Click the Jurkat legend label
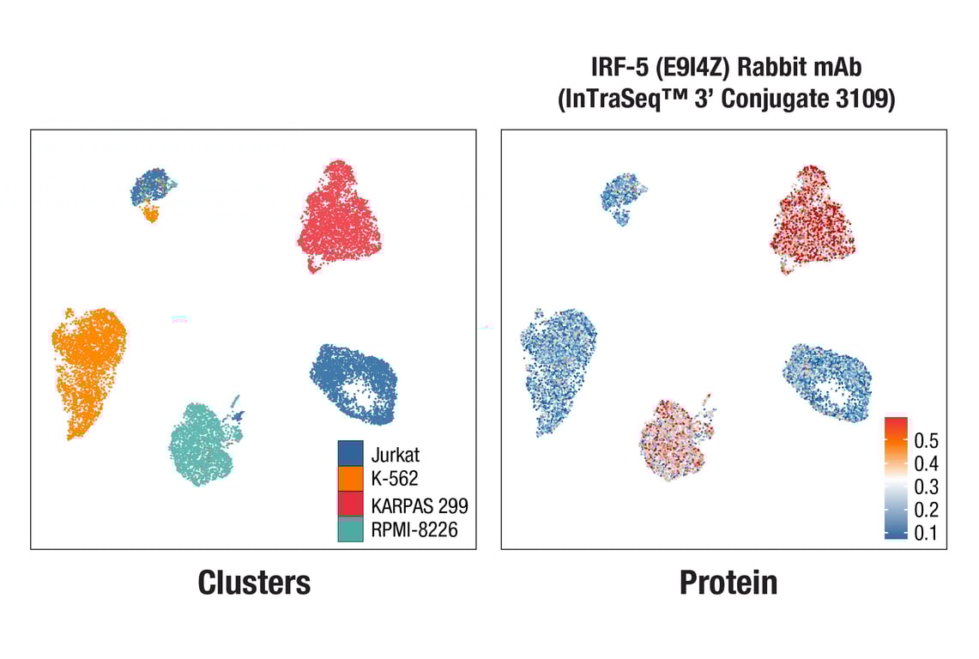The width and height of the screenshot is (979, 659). tap(396, 455)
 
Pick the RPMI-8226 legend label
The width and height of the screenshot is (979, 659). tap(414, 530)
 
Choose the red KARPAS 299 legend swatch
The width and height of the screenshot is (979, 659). tap(353, 505)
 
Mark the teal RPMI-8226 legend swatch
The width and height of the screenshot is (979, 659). tap(353, 530)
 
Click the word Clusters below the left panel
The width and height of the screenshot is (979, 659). tap(254, 583)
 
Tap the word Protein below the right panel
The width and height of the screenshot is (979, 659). tap(728, 583)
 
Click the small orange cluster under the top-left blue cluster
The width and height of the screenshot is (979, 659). tap(152, 212)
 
